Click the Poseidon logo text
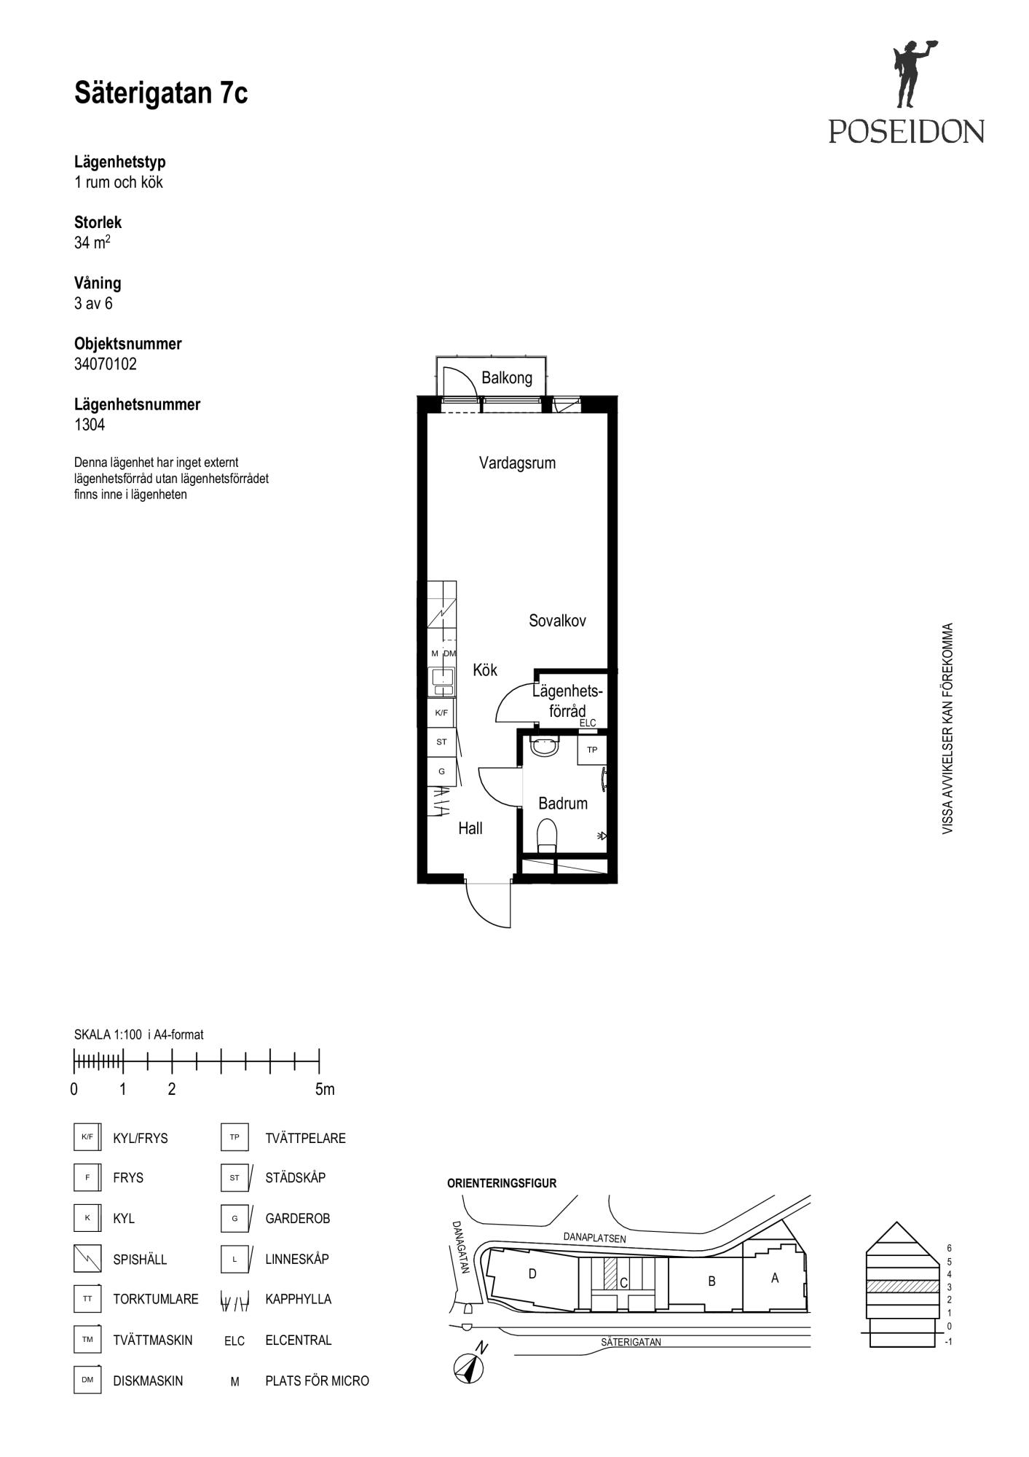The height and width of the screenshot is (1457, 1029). click(906, 131)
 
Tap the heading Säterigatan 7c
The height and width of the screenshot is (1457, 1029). click(161, 93)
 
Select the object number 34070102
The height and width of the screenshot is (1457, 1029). click(106, 364)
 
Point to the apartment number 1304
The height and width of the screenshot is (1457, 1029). click(90, 425)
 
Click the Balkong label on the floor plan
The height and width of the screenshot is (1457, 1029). click(507, 378)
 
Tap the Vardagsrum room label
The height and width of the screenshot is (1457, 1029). click(517, 463)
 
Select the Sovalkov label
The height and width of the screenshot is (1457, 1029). click(557, 621)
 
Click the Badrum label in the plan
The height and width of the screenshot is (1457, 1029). click(563, 804)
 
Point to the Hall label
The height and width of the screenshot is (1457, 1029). click(470, 828)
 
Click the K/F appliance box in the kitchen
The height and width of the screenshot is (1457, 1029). click(441, 712)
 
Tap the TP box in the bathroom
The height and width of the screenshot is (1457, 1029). click(592, 750)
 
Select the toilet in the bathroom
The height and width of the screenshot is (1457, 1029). click(547, 836)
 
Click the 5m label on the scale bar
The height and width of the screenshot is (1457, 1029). click(325, 1090)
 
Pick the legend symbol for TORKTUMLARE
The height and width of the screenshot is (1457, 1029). click(87, 1299)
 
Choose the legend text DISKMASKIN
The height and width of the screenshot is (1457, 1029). click(148, 1381)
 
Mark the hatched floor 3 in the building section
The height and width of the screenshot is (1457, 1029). click(902, 1286)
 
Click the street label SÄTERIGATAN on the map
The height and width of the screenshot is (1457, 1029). click(631, 1342)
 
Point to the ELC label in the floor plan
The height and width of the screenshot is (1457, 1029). click(588, 723)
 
